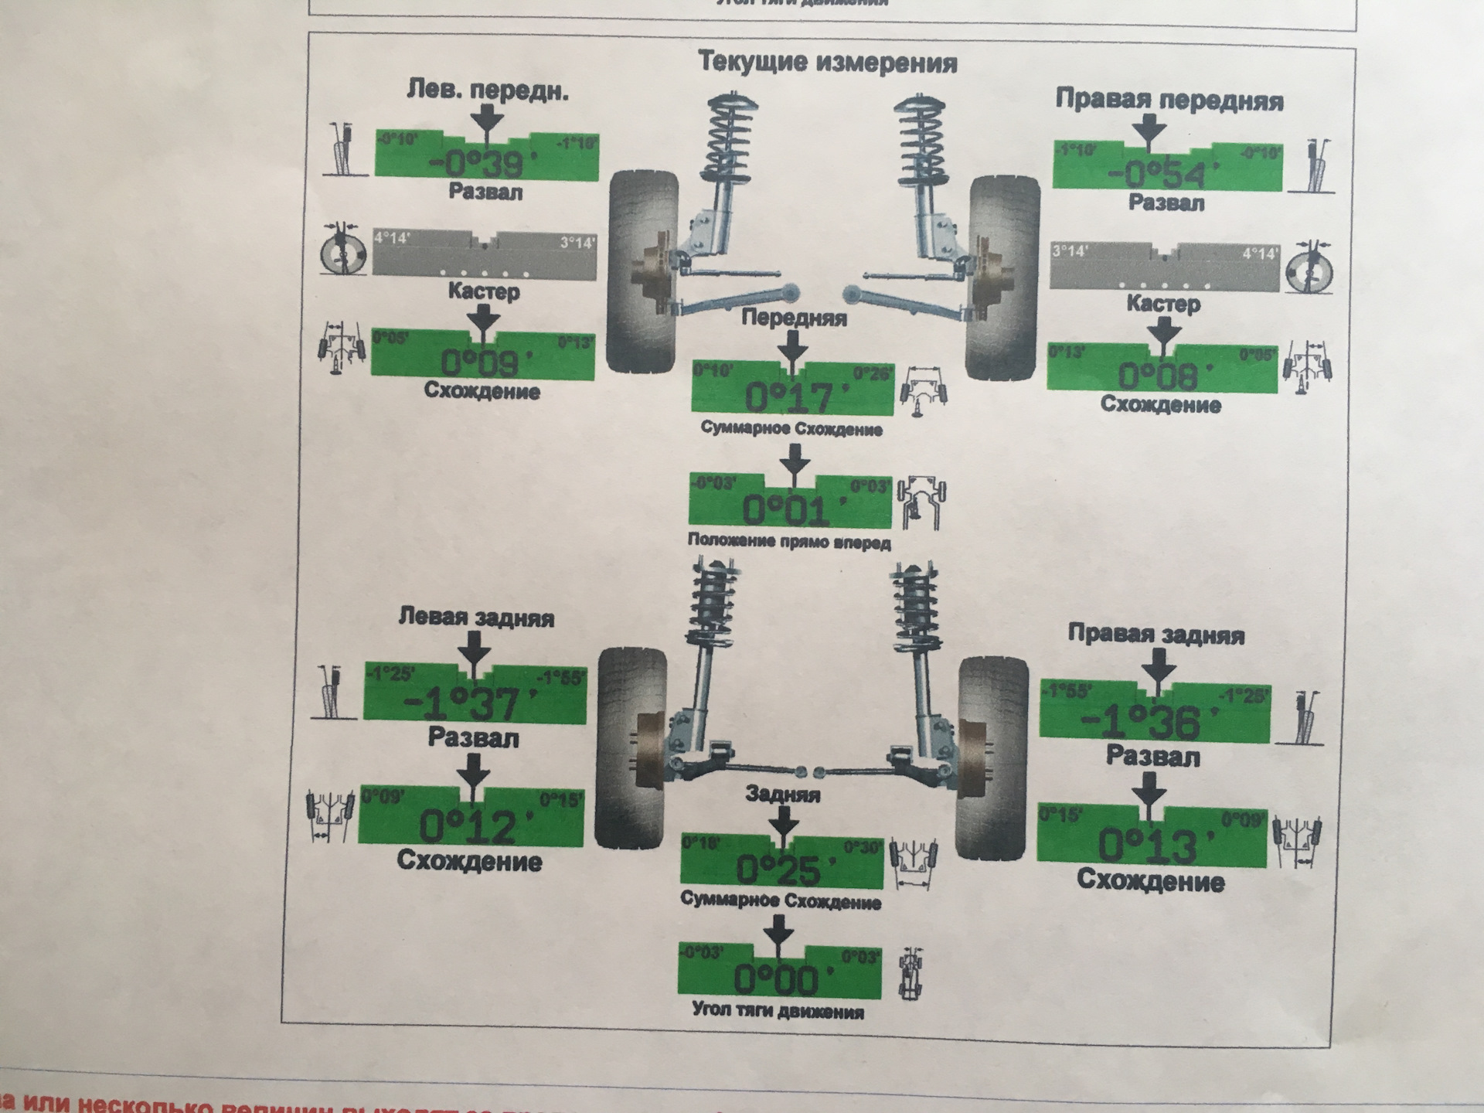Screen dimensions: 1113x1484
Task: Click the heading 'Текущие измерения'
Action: click(827, 63)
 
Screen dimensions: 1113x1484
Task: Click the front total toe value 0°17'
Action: click(791, 397)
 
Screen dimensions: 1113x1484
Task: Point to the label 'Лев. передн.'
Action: click(488, 91)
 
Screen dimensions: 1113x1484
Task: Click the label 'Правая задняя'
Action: click(1156, 635)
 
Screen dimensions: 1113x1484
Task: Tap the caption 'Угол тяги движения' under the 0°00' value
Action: click(778, 1011)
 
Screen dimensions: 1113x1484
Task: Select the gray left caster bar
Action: click(485, 253)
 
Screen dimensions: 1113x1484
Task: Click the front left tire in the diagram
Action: click(643, 271)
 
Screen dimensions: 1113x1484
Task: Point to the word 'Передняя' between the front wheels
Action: click(794, 318)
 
